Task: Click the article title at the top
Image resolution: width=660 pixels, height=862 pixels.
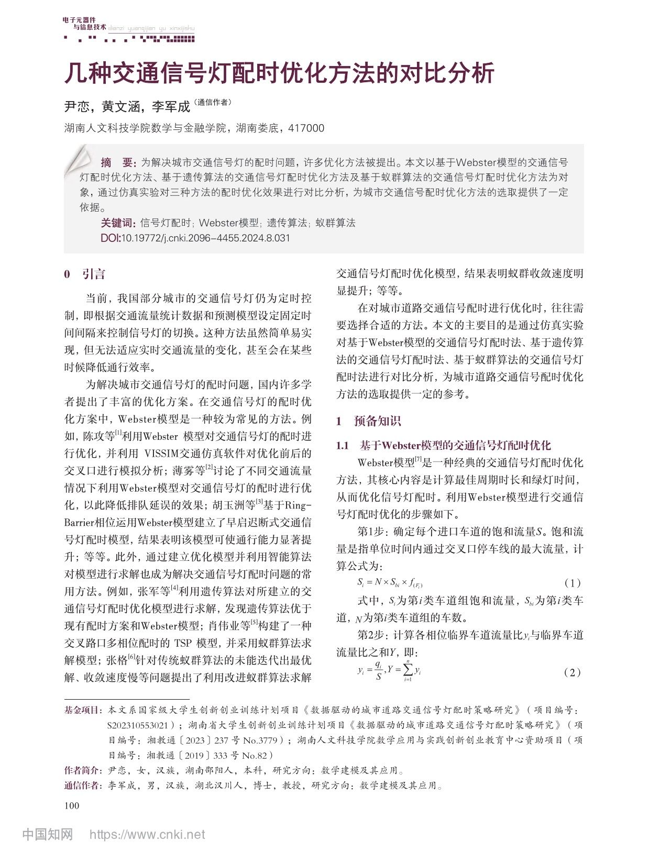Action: tap(279, 73)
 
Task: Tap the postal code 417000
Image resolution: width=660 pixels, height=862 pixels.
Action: tap(306, 128)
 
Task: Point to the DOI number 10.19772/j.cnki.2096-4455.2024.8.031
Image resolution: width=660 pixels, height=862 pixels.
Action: tap(205, 238)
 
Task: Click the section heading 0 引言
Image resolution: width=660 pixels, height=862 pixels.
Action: tap(84, 274)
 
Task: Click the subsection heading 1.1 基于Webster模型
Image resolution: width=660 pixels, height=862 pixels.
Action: tap(443, 446)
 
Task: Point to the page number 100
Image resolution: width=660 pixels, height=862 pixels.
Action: tap(71, 805)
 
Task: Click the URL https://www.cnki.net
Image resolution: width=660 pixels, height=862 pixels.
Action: tap(147, 835)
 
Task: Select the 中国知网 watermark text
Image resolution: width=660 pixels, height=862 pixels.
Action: tap(48, 835)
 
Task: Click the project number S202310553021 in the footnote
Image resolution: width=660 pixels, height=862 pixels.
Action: tap(140, 725)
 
